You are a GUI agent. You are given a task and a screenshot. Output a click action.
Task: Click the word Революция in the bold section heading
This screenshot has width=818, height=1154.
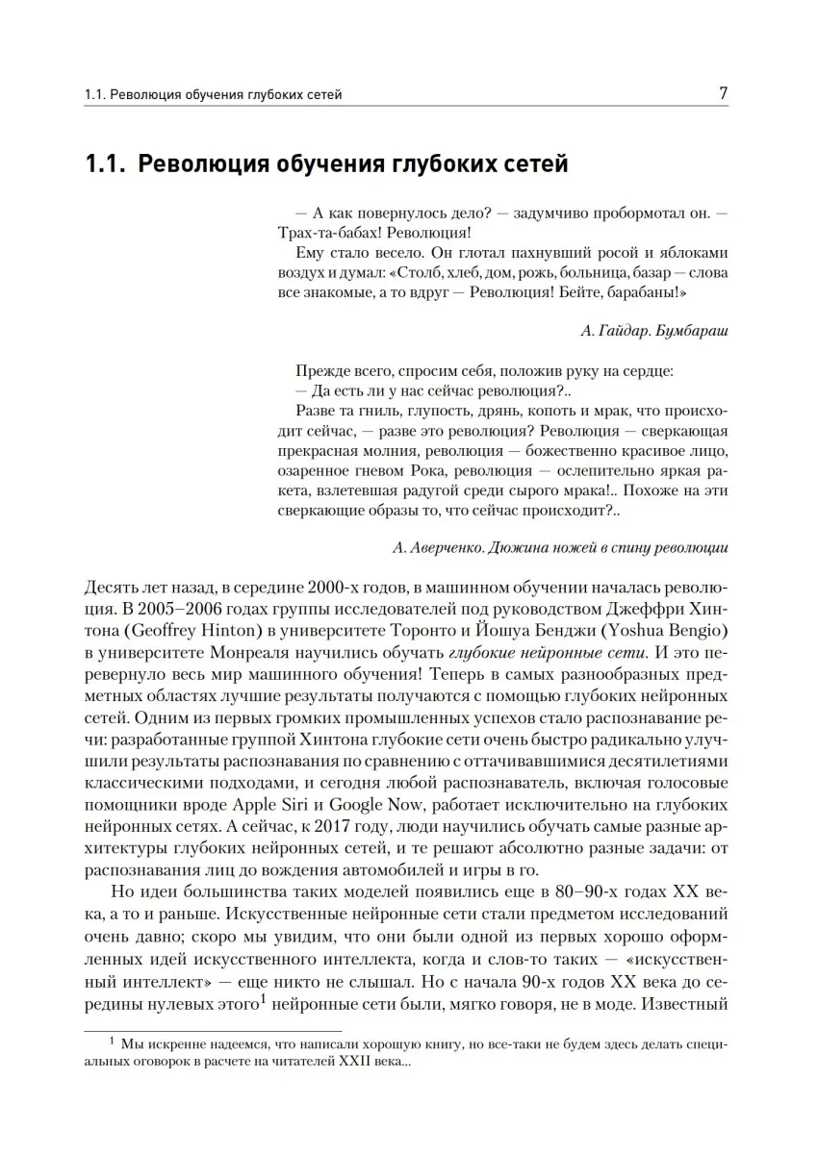click(x=200, y=164)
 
